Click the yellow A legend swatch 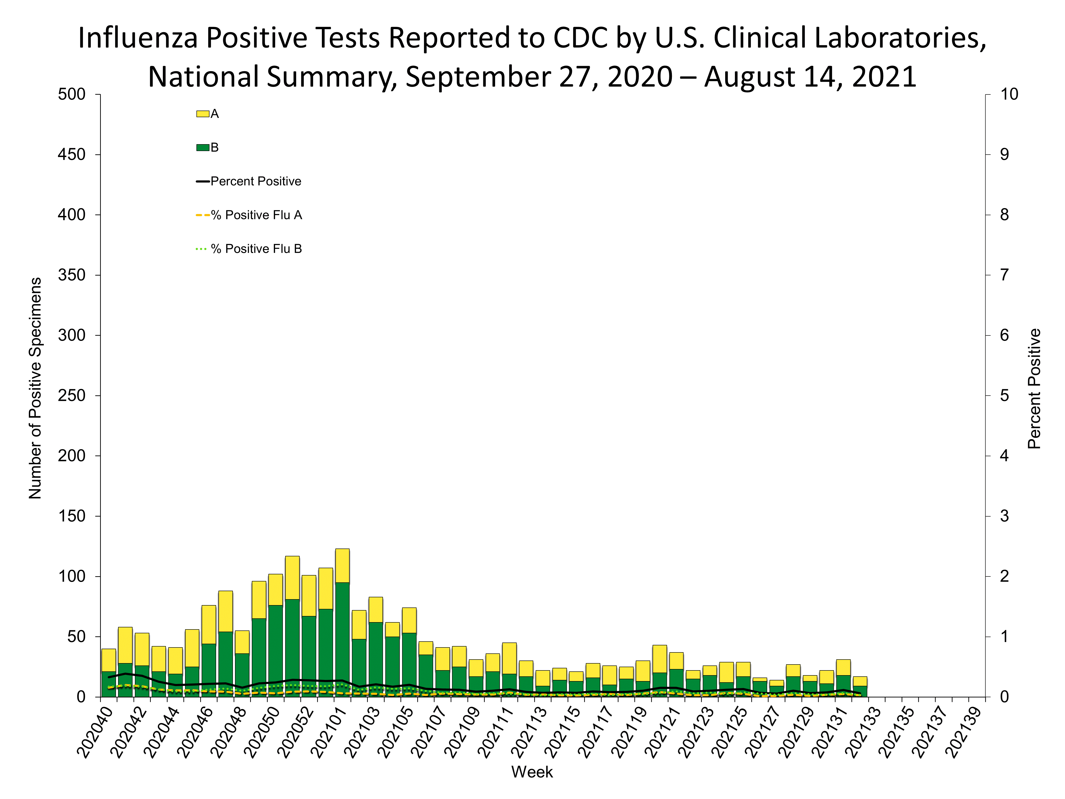tap(203, 114)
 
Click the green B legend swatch tap(203, 147)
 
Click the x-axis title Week tap(532, 772)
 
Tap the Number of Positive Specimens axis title tap(35, 388)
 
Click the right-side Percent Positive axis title tap(1034, 388)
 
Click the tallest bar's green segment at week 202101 tap(342, 641)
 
